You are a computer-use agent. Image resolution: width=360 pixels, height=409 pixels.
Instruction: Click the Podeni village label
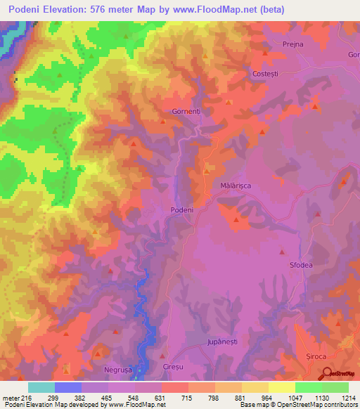pyautogui.click(x=181, y=209)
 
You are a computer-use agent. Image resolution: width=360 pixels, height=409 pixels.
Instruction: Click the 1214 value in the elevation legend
pyautogui.click(x=349, y=398)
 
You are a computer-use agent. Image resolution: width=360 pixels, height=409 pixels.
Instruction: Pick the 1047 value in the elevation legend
pyautogui.click(x=281, y=398)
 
